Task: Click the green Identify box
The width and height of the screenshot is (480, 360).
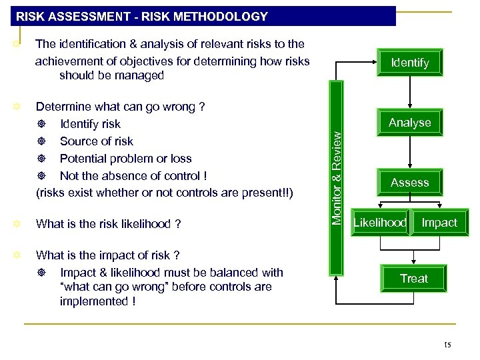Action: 409,63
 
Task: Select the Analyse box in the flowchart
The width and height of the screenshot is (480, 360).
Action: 409,123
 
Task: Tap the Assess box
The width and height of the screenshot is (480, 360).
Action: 409,183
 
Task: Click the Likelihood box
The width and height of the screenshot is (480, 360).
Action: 379,223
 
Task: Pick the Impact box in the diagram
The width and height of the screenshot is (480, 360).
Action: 439,223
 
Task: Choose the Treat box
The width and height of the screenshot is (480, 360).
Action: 413,279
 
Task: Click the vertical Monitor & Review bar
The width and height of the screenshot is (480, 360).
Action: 337,176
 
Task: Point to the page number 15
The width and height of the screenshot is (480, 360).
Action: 447,345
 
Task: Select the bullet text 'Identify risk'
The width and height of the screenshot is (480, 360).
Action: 90,124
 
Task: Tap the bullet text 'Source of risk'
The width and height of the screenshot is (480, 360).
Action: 96,141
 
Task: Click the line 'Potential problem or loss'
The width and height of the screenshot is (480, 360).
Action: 125,159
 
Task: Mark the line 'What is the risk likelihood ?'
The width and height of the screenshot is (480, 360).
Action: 108,224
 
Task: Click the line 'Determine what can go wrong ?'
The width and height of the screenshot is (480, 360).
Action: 120,107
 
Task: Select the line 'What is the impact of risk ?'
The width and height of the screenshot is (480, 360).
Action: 107,255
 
